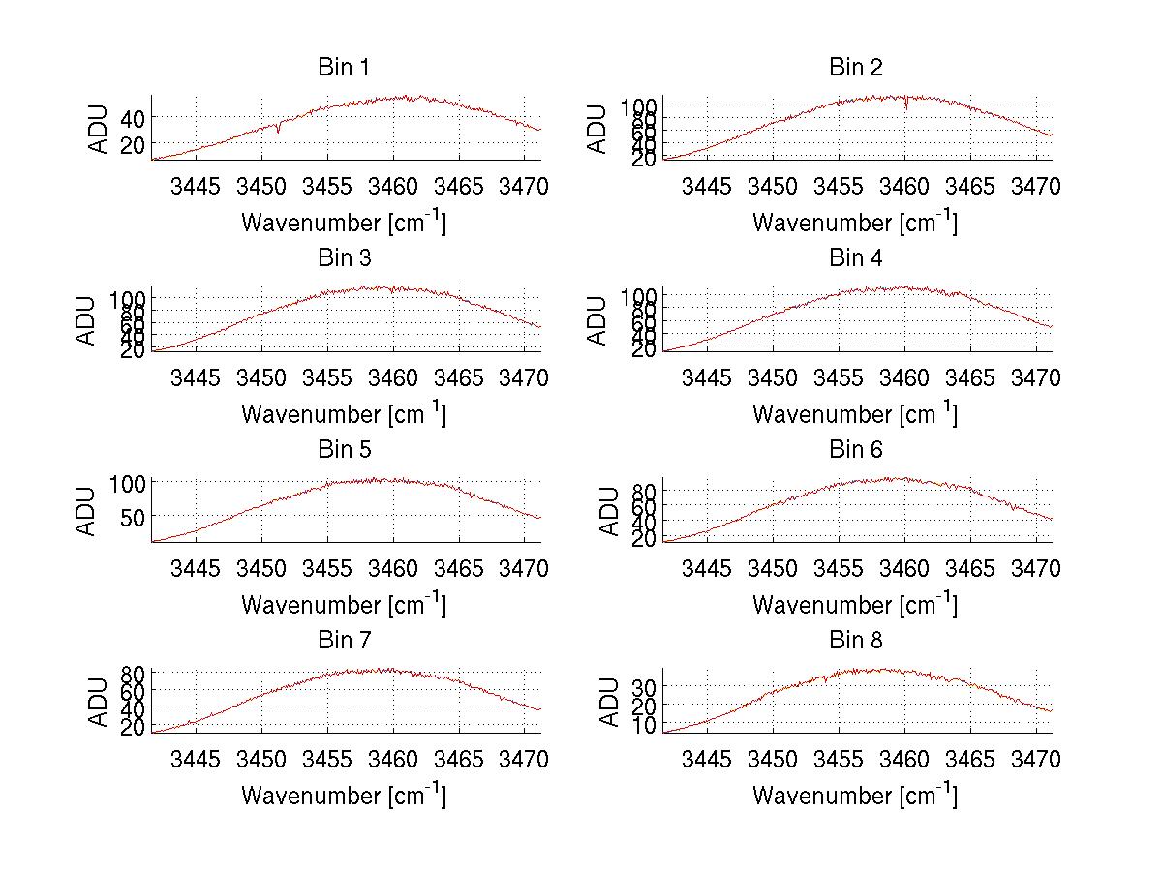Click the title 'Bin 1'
click(344, 68)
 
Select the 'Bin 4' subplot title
click(856, 258)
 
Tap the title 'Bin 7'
click(344, 641)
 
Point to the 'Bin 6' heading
click(856, 449)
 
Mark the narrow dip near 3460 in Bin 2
click(905, 105)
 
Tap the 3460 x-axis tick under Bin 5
click(393, 568)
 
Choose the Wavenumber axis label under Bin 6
click(855, 605)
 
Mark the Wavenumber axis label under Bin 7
click(344, 796)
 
